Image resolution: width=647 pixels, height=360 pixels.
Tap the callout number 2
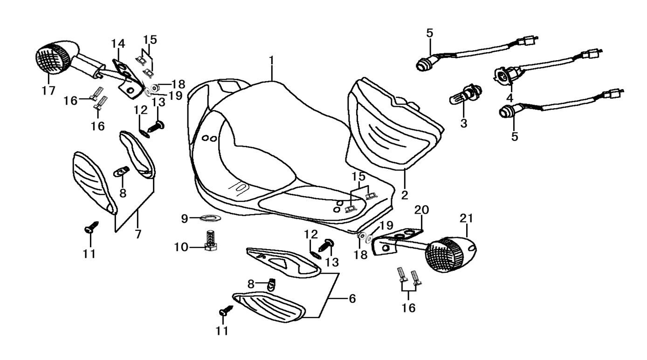[405, 194]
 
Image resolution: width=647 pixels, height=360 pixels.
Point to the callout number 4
[509, 98]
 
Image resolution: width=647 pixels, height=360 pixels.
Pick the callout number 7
[138, 235]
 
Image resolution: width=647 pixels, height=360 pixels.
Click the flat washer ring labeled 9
[210, 218]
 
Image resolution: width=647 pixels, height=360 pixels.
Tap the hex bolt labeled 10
[213, 240]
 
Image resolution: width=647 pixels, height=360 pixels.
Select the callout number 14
[118, 43]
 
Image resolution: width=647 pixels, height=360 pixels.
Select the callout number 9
[185, 218]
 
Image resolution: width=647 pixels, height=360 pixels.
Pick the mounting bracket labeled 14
[127, 77]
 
